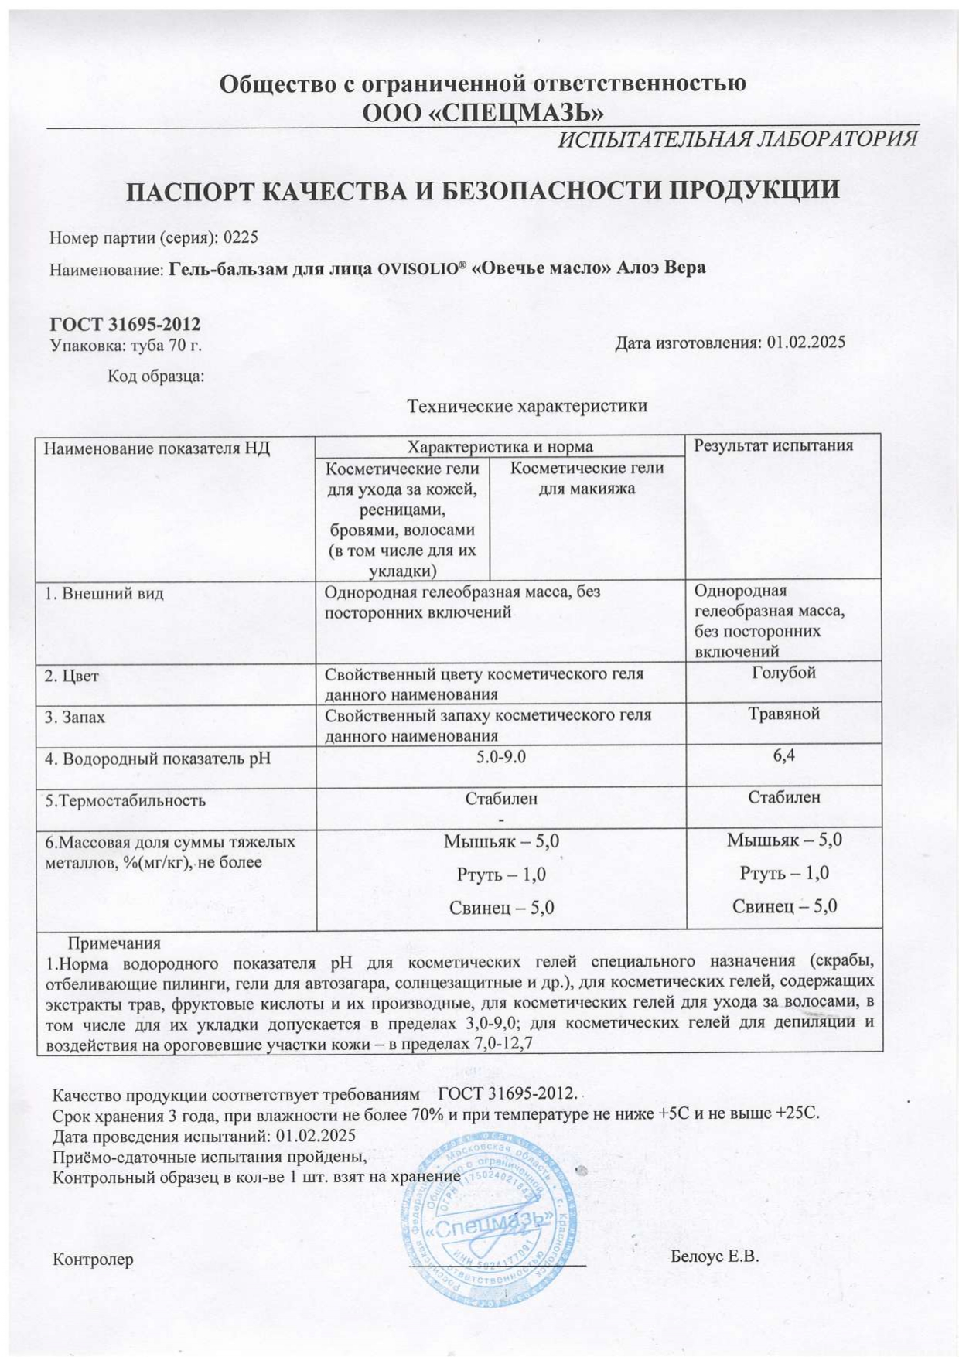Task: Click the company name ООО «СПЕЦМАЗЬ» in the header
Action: [483, 113]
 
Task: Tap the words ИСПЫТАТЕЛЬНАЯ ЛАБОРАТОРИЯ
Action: [739, 139]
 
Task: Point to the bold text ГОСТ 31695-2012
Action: [125, 325]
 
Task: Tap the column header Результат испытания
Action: [773, 445]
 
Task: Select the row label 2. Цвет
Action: [72, 676]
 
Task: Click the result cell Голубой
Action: [783, 673]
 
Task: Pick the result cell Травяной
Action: [783, 714]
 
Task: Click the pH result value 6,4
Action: [783, 755]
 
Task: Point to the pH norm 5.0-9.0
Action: [501, 756]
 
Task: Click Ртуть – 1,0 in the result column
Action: [784, 873]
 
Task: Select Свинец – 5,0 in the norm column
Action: [501, 908]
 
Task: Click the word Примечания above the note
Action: [114, 943]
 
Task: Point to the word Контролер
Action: [93, 1260]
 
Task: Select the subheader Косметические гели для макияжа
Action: [587, 478]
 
